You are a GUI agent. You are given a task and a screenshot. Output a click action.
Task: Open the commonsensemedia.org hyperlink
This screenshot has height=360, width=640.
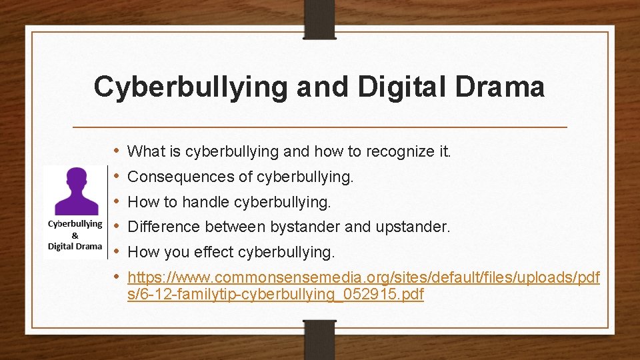click(363, 277)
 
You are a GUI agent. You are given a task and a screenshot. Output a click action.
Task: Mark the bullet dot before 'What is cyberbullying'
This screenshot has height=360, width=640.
click(116, 151)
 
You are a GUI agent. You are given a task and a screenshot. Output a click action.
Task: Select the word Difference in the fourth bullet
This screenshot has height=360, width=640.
click(164, 227)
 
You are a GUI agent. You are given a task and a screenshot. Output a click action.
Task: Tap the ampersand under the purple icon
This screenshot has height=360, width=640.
click(75, 235)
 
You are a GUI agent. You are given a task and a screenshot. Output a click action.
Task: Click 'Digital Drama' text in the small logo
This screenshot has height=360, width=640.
click(75, 246)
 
